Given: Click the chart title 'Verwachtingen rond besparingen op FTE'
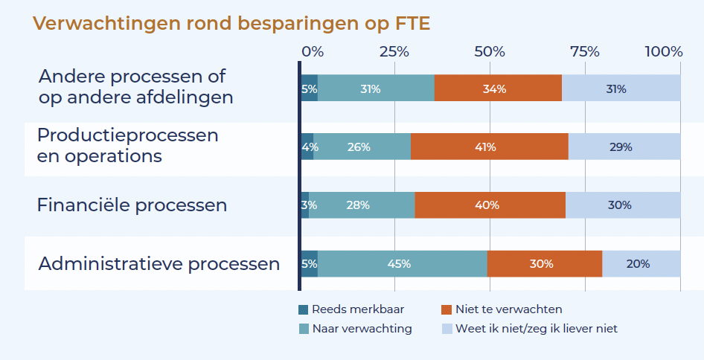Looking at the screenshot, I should pos(231,24).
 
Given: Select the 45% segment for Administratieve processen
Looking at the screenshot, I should pos(403,263).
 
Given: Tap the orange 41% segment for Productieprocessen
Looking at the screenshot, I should pos(489,147).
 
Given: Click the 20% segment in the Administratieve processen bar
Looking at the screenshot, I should pos(641,263).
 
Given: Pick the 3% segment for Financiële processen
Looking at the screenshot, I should pos(305,205).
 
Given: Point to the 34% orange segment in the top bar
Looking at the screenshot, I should pos(498,89).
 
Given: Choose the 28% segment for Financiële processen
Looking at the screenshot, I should pos(362,205).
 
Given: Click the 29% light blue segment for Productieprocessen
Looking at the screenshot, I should pos(624,147).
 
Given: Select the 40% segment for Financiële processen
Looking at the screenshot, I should pos(490,205).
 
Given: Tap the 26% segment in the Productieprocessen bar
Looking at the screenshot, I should pos(362,147).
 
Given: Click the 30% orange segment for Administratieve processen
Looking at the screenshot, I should pos(544,263).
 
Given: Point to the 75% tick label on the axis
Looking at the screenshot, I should pos(585,52).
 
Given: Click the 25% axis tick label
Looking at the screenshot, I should pos(394,52).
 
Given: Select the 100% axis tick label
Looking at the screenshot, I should pos(664,52).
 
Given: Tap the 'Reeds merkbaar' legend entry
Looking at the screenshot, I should pos(353,309).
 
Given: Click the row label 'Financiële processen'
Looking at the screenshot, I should pos(132,205).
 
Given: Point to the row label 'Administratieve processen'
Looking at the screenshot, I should pos(159,264).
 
